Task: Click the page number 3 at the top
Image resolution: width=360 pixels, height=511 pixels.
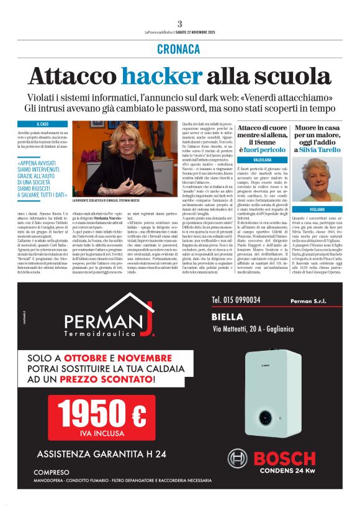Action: pyautogui.click(x=179, y=24)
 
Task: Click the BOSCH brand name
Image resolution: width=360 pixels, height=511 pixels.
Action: pyautogui.click(x=284, y=460)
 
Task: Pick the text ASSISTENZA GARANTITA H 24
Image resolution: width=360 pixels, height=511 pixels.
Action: pyautogui.click(x=101, y=453)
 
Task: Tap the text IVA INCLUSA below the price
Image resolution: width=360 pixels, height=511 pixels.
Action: pyautogui.click(x=110, y=434)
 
